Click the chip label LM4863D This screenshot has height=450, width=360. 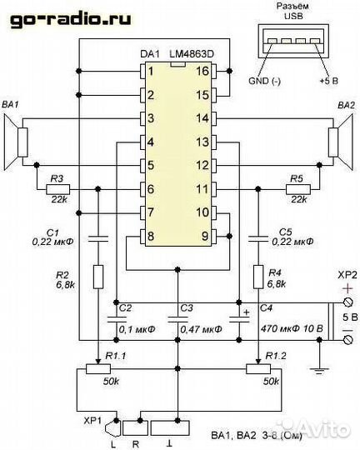192,55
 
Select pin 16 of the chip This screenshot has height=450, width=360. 200,72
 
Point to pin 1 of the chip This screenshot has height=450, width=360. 151,72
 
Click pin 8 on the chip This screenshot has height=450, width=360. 151,236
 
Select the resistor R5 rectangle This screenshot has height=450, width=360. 298,189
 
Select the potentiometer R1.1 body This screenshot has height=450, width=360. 98,368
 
